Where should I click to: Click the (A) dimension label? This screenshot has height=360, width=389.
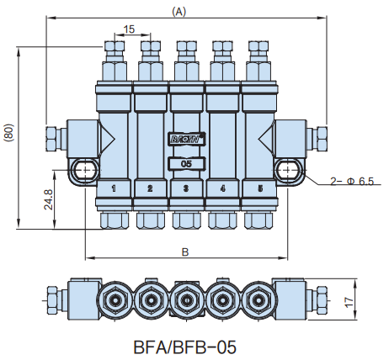[179, 12]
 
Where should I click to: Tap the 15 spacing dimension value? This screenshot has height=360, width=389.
[129, 29]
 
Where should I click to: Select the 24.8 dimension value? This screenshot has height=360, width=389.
[49, 199]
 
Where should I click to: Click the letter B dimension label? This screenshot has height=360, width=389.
[185, 252]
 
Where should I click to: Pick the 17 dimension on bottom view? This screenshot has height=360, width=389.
[349, 302]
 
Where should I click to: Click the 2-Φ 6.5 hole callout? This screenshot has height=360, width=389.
[352, 182]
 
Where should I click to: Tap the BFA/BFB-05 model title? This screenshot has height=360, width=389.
[185, 347]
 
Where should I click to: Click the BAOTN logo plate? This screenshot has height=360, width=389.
[187, 139]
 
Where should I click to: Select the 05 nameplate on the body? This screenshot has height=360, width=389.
[187, 164]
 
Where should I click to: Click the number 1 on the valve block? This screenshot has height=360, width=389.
[114, 188]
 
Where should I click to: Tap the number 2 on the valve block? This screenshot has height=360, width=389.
[150, 188]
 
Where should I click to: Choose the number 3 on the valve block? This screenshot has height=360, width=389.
[186, 188]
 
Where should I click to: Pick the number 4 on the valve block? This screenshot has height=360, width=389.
[222, 188]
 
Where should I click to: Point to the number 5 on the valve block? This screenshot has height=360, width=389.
[260, 188]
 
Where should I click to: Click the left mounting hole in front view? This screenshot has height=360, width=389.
[85, 170]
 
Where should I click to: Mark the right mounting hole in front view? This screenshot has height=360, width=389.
[289, 170]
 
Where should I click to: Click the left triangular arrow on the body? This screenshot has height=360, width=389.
[107, 138]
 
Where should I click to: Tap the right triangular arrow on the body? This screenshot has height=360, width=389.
[266, 138]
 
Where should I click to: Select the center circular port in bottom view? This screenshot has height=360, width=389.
[185, 300]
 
